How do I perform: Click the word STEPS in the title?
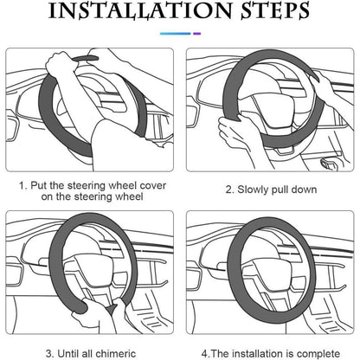[x=275, y=10]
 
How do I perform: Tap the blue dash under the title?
[x=176, y=34]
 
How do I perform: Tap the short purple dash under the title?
[x=197, y=34]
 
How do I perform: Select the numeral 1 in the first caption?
[x=22, y=185]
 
